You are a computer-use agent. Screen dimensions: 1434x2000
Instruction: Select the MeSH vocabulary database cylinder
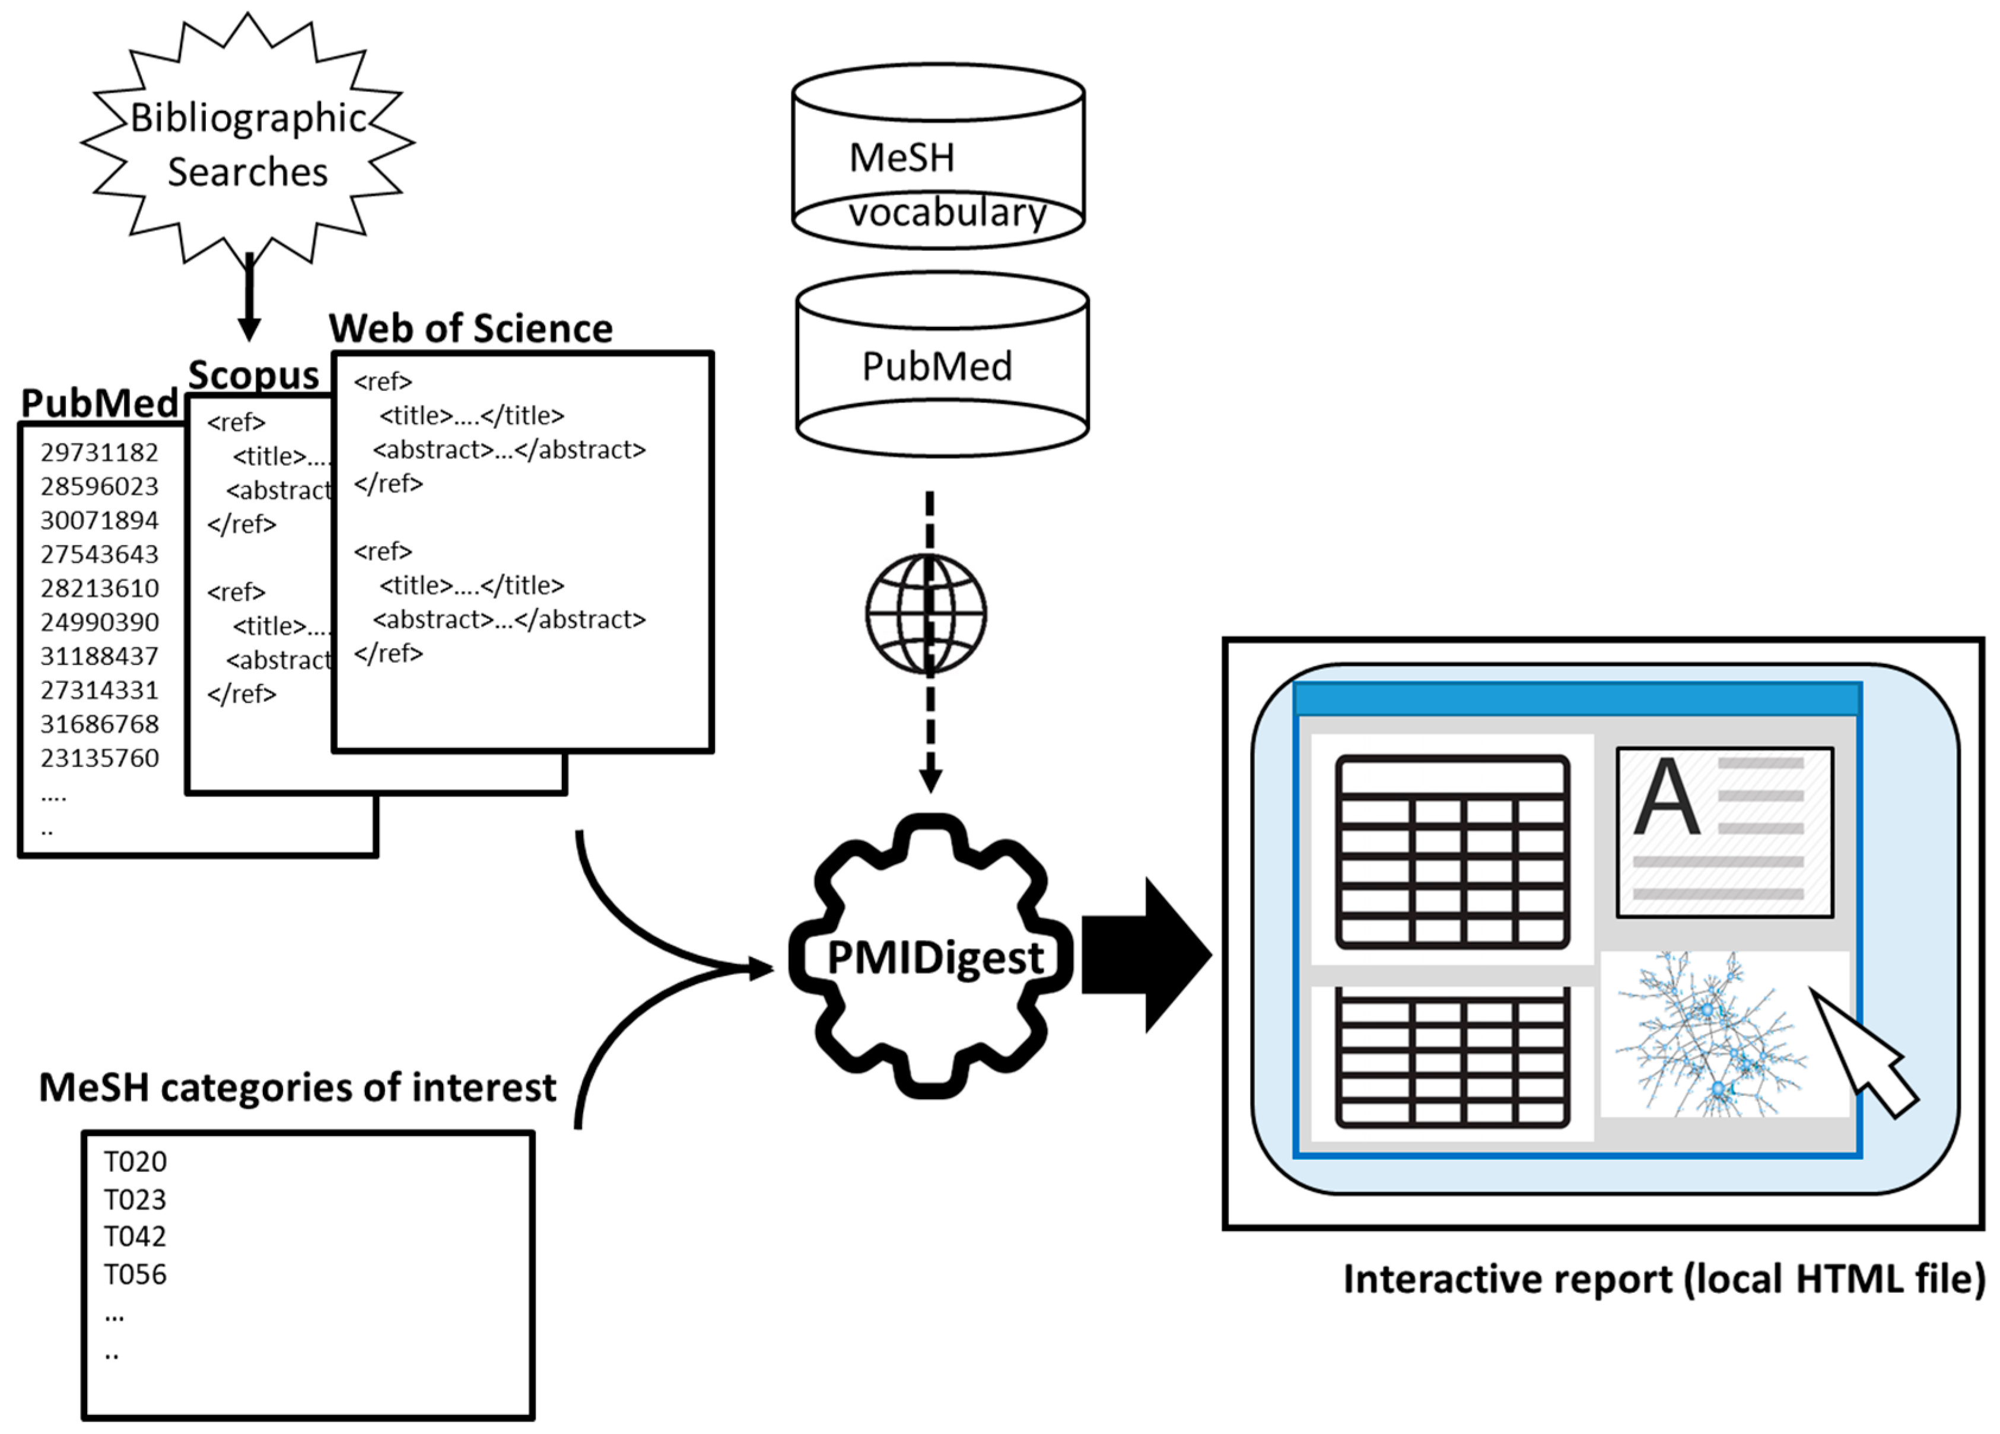tap(938, 157)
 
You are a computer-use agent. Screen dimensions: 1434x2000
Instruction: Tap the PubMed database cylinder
tap(941, 365)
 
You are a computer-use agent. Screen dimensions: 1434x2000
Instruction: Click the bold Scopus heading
tap(253, 376)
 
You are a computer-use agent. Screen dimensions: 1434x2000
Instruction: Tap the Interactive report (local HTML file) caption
tap(1663, 1279)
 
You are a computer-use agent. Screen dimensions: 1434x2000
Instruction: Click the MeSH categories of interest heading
tap(297, 1088)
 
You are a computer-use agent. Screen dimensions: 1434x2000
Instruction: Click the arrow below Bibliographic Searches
tap(250, 300)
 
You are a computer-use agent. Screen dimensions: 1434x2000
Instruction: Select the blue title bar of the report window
tap(1577, 698)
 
